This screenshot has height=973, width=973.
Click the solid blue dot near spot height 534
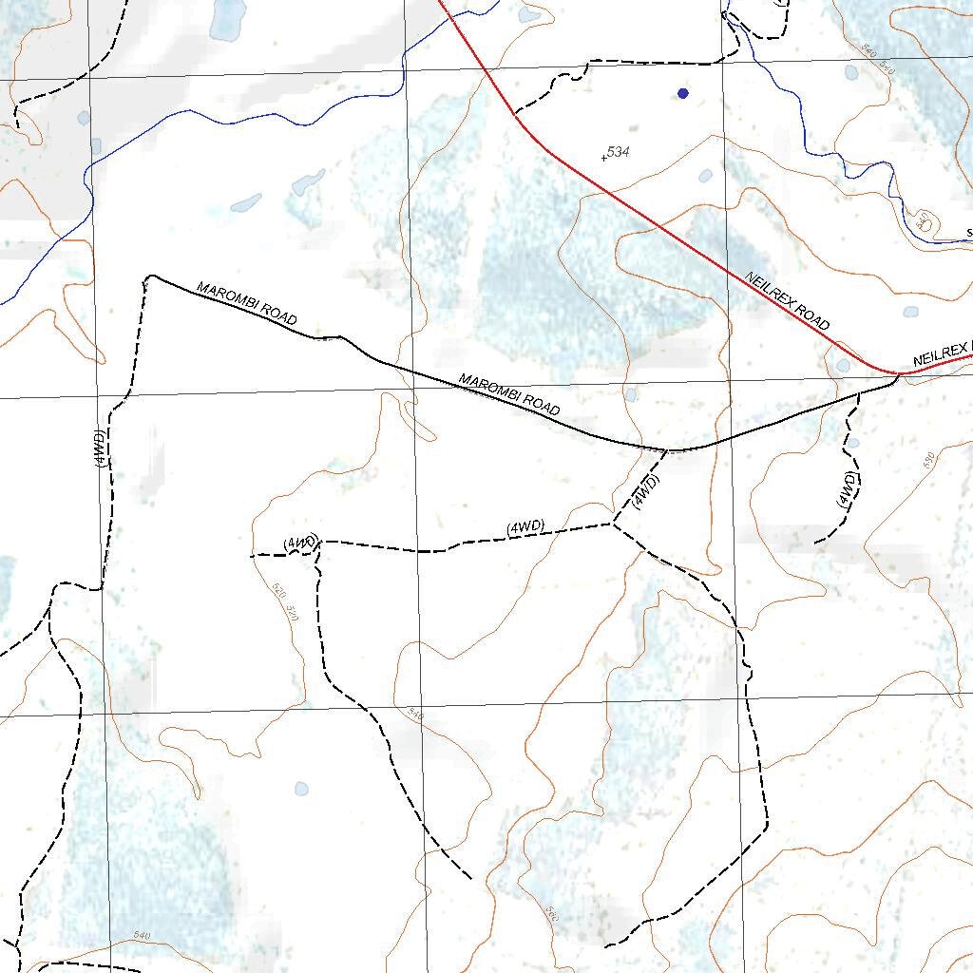pos(682,93)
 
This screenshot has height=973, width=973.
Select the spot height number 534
pos(619,152)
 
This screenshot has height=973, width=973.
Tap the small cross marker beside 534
pos(603,158)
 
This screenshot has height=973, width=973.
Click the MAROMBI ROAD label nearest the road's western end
pos(246,303)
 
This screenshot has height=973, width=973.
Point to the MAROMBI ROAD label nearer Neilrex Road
pos(509,393)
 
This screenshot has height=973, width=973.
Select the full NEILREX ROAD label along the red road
pos(788,301)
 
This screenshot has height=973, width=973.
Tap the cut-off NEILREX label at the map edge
pos(942,356)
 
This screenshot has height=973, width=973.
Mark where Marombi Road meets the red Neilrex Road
pos(898,374)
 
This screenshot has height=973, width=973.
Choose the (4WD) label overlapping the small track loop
pos(300,544)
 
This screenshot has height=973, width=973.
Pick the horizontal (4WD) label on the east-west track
pos(525,527)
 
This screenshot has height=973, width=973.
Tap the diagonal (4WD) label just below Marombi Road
pos(645,492)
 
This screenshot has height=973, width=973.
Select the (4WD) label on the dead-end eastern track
pos(848,490)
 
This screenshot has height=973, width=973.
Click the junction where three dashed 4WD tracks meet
pos(613,524)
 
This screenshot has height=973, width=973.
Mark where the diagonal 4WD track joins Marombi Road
pos(668,450)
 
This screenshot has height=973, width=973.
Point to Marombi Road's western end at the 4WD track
pos(150,277)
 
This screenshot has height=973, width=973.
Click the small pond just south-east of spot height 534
pos(705,176)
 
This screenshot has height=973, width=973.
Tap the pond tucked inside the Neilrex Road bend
pos(843,365)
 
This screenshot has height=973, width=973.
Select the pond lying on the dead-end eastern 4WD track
pos(852,442)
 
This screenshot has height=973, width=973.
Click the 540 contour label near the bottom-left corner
pos(142,936)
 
